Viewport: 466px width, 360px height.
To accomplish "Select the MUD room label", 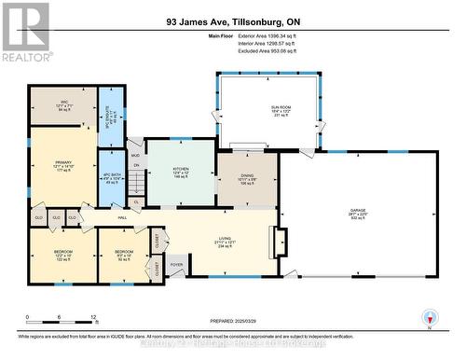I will pos(134,155).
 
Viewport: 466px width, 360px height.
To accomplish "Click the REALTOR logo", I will pos(25,32).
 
